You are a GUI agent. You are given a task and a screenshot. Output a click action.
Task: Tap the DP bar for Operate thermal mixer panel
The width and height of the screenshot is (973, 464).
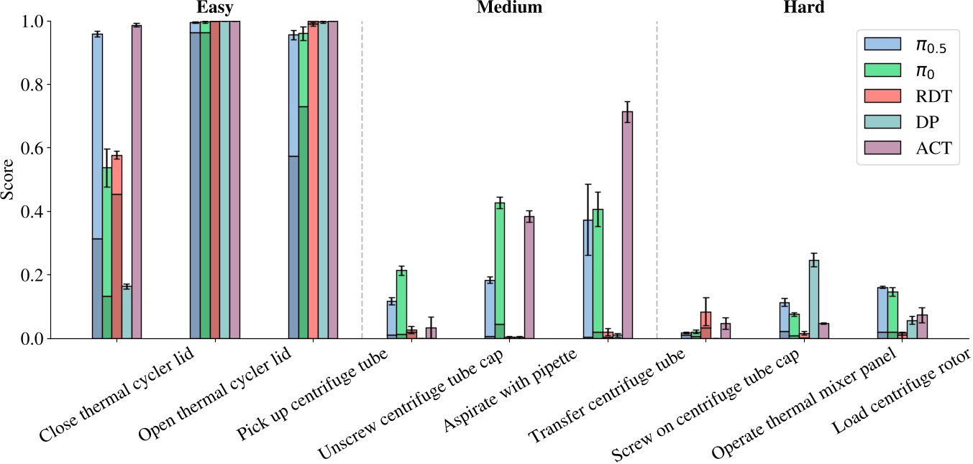pos(814,299)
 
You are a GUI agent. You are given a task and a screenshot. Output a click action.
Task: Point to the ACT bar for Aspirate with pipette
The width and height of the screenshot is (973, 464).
pos(529,277)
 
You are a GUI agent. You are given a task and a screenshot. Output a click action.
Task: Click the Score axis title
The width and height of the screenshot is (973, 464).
pos(10,180)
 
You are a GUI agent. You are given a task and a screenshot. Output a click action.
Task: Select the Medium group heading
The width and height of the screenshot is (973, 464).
pos(509,8)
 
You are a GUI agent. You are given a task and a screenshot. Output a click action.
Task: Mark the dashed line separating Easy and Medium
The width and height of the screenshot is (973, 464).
pos(362,180)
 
